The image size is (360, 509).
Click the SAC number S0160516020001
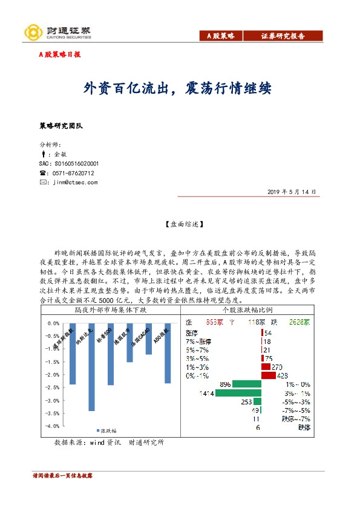(x=68, y=164)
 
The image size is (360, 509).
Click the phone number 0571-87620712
(x=72, y=173)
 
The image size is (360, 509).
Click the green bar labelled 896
(x=247, y=384)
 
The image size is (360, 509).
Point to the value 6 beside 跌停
(x=258, y=427)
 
